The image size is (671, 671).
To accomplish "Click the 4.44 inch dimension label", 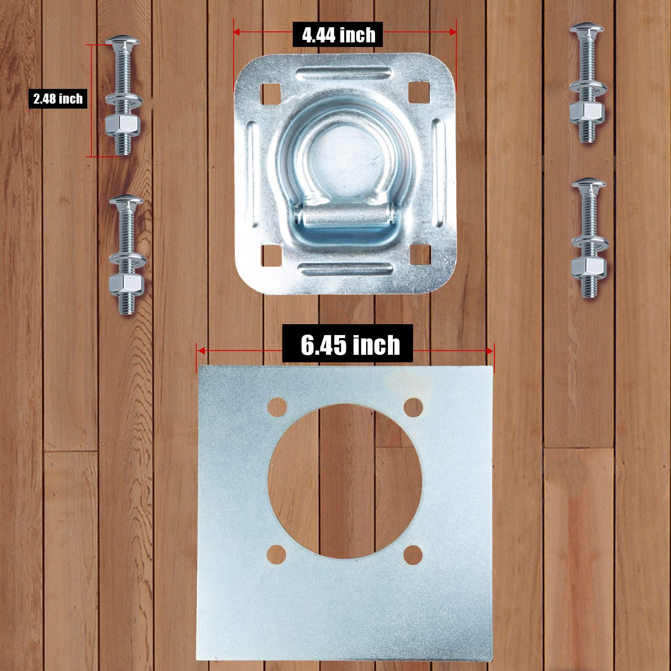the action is (x=339, y=35).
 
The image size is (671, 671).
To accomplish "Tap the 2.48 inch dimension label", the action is (x=58, y=99).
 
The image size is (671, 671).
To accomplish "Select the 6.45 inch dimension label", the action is (x=350, y=344).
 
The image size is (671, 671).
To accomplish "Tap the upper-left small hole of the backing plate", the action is (x=277, y=406).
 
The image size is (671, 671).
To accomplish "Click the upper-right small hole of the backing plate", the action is (x=414, y=406).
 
